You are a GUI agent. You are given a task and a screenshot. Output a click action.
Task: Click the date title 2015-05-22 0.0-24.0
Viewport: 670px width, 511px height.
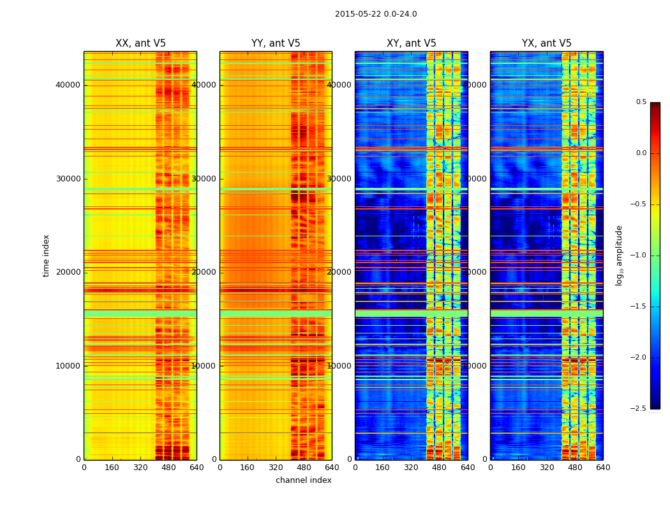coord(376,14)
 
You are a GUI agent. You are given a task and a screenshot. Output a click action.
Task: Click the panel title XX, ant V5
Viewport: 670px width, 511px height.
coord(140,43)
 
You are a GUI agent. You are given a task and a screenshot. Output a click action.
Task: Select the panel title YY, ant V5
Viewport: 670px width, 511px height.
coord(276,43)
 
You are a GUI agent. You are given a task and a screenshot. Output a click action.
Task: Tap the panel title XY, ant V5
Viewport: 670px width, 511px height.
coord(412,43)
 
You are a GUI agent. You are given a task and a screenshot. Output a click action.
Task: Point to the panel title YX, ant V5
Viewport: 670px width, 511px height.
coord(547,43)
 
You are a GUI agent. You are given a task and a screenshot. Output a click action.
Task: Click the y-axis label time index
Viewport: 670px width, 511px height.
coord(46,256)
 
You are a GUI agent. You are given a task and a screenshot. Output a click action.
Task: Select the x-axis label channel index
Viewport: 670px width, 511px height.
coord(304,480)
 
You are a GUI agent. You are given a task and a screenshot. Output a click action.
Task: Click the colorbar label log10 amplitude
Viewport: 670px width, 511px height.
coord(619,256)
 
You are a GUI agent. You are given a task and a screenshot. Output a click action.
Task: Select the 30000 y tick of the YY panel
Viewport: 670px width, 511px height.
coord(204,179)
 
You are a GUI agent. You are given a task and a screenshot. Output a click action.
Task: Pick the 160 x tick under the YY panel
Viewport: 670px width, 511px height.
coord(248,468)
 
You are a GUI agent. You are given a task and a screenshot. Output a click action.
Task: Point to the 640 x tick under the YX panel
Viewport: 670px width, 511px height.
coord(603,468)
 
